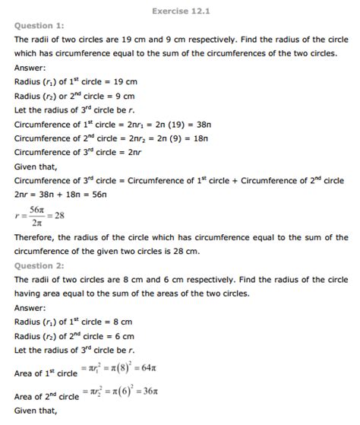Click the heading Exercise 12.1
[x=179, y=11]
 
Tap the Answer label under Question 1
[x=31, y=65]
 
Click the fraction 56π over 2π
[x=35, y=216]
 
